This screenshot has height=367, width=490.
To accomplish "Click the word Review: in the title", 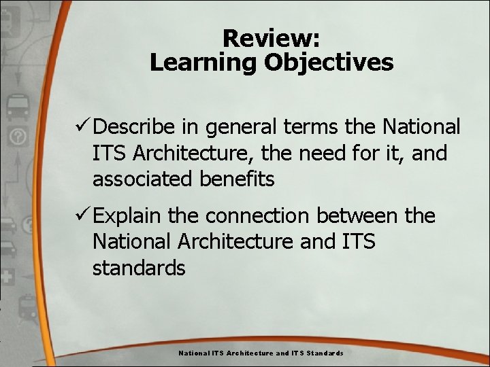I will (272, 38).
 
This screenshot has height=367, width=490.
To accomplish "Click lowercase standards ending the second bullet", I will (139, 268).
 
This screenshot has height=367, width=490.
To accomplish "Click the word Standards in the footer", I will (325, 353).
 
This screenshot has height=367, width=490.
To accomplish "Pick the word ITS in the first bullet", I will (110, 153).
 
